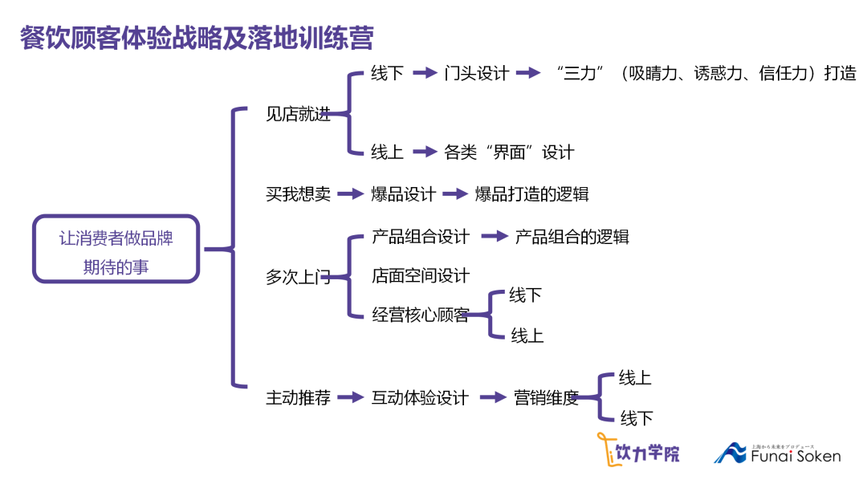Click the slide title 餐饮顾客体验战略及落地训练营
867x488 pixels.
(x=197, y=38)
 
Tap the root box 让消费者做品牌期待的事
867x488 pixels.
(x=116, y=249)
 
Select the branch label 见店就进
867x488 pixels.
(x=298, y=114)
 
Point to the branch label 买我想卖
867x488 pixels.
(x=298, y=193)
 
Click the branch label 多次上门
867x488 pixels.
(x=298, y=278)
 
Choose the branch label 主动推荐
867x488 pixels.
(x=298, y=397)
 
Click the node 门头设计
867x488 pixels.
(x=477, y=73)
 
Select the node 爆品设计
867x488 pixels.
(x=403, y=193)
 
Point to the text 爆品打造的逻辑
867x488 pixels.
(x=531, y=193)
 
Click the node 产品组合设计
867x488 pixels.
(x=421, y=237)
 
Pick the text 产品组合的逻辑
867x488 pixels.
(x=572, y=237)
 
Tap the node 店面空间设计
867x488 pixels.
(x=421, y=275)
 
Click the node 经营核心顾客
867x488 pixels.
(x=421, y=315)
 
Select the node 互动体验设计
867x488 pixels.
(x=420, y=397)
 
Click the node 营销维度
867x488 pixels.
(x=546, y=397)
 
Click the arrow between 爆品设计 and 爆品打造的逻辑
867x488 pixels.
(x=454, y=193)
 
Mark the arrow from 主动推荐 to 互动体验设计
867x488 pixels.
(x=351, y=397)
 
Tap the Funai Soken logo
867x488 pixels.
(x=777, y=453)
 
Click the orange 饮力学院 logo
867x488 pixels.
(x=637, y=450)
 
